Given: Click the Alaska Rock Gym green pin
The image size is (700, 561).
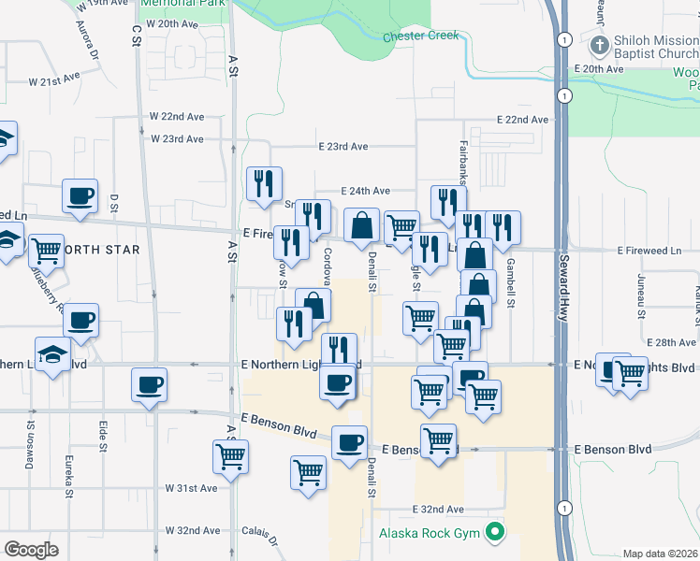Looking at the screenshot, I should [496, 535].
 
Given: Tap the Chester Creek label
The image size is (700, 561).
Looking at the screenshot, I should [421, 36].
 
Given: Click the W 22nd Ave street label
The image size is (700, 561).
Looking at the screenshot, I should [177, 117].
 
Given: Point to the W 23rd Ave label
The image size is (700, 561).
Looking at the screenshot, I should [177, 139].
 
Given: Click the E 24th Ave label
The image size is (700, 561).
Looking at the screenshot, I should [364, 188].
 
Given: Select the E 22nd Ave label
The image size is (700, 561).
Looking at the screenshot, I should [523, 120].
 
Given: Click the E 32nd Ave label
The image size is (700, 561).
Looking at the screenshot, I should [439, 510].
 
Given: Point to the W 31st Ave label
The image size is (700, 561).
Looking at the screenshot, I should [191, 488].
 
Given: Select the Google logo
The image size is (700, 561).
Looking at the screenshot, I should [31, 549].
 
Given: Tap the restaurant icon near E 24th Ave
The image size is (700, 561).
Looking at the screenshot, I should [264, 183].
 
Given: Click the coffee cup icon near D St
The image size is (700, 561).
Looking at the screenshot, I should [80, 197].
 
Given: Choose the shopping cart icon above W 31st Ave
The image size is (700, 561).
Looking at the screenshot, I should [230, 456].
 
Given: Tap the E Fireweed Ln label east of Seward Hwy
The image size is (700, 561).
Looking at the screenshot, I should [649, 251].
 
